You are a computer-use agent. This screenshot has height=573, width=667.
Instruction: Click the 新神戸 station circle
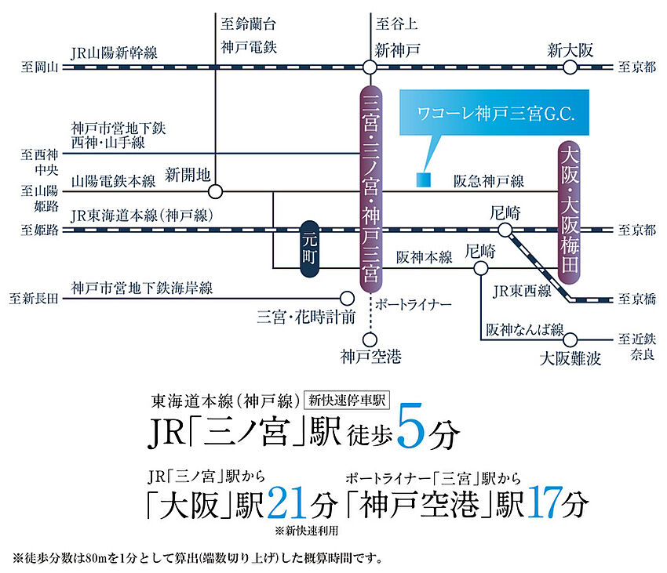pos(370,68)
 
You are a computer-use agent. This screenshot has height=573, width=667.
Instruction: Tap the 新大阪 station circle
pos(570,68)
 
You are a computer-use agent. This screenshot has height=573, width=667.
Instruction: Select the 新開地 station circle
pos(217,190)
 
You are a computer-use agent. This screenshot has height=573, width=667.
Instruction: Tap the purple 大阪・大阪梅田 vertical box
pos(571,216)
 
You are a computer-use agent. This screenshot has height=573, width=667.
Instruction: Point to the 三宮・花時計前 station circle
pos(346,298)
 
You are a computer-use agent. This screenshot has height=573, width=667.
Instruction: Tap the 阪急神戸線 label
pos(487,180)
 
